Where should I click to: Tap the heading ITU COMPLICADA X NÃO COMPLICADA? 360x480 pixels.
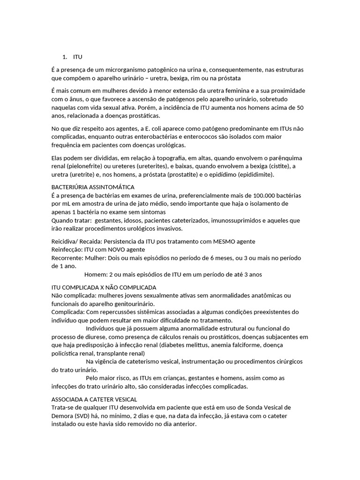click(x=104, y=287)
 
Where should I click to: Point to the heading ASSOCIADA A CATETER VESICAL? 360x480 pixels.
click(x=94, y=399)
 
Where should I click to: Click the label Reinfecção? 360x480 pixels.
click(x=66, y=249)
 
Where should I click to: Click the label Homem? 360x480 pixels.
click(x=95, y=274)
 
